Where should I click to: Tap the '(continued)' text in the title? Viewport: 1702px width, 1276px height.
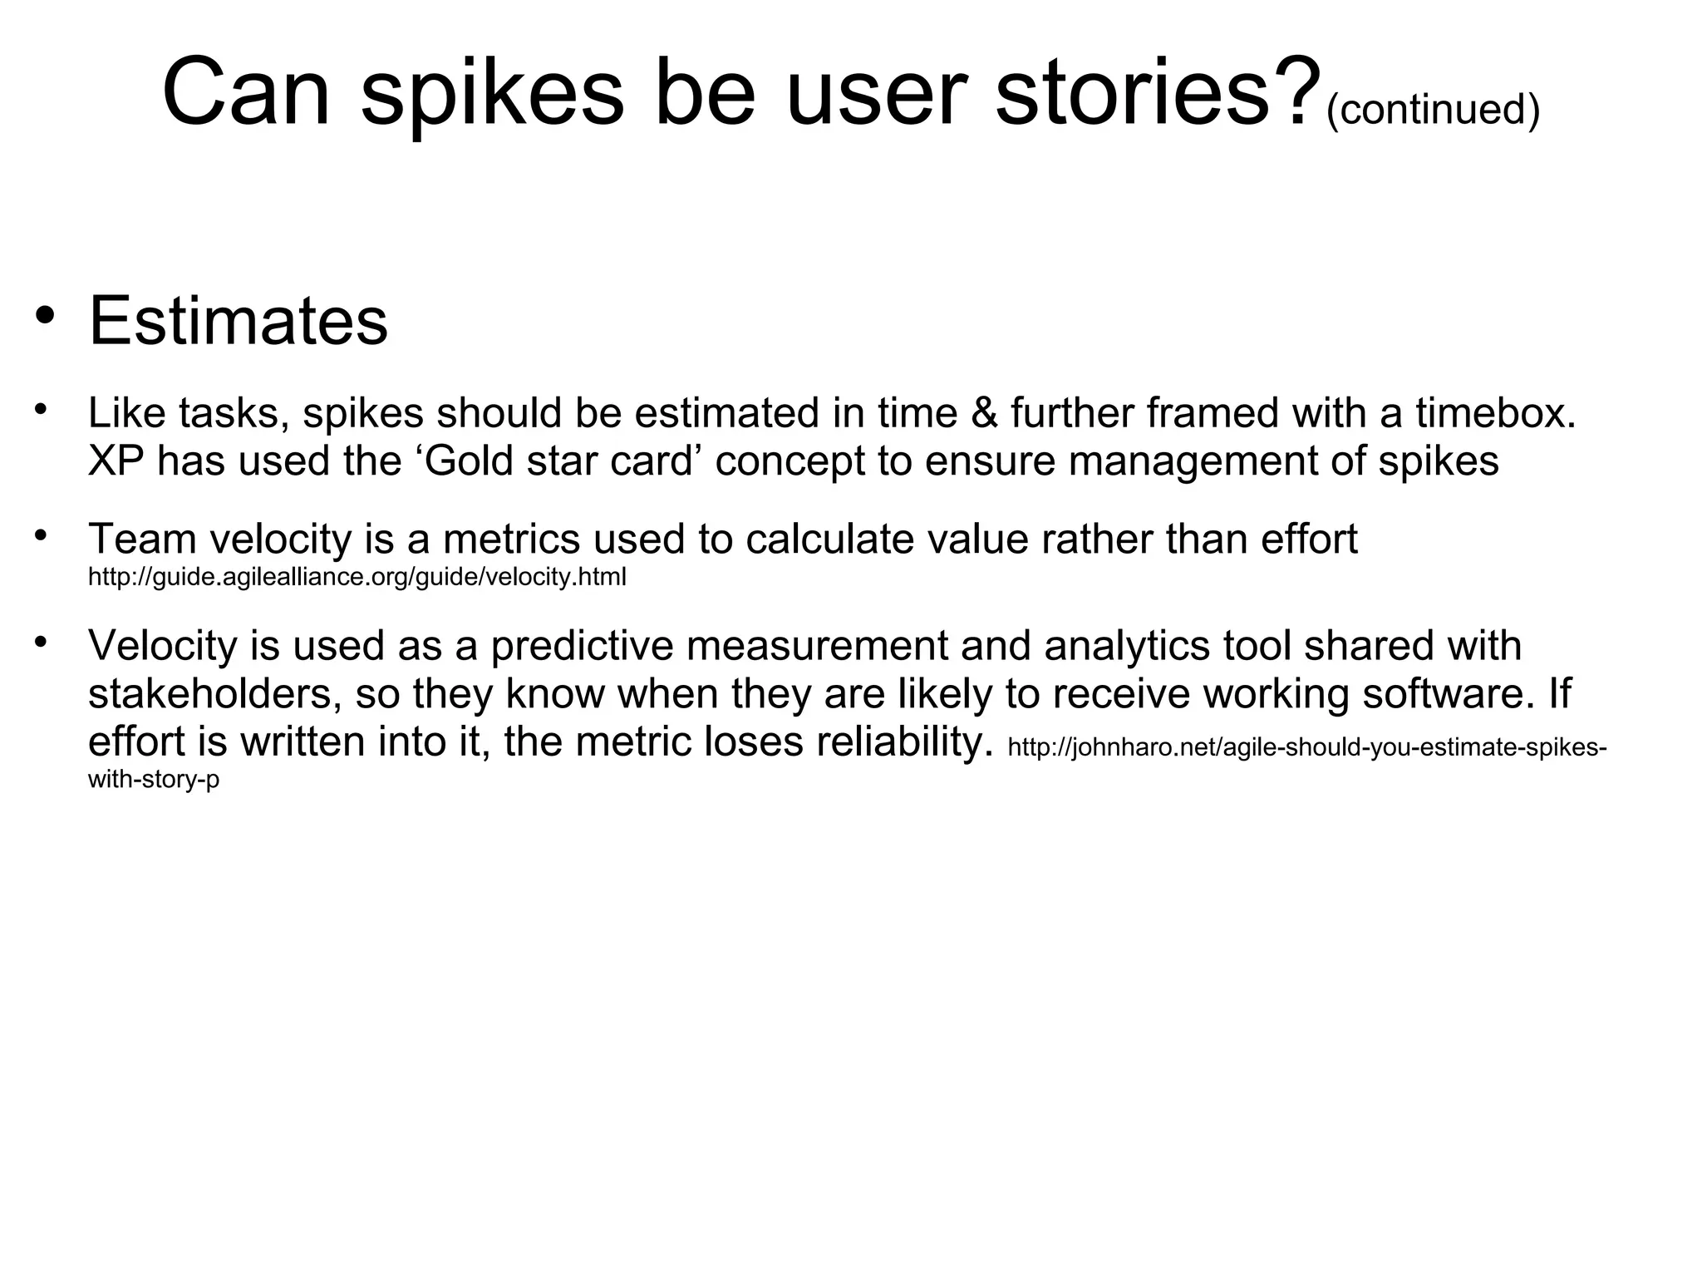1433,110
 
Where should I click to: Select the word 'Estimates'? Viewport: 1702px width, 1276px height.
239,321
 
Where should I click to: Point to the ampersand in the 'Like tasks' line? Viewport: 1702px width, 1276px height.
984,413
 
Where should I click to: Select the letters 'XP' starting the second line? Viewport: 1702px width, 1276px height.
116,461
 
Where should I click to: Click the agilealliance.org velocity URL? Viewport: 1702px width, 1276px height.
357,577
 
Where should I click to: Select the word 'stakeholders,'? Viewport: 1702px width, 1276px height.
215,693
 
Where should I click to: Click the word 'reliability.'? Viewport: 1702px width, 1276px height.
904,741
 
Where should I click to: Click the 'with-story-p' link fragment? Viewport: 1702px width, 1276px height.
154,781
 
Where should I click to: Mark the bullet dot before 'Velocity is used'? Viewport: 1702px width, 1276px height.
40,641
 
